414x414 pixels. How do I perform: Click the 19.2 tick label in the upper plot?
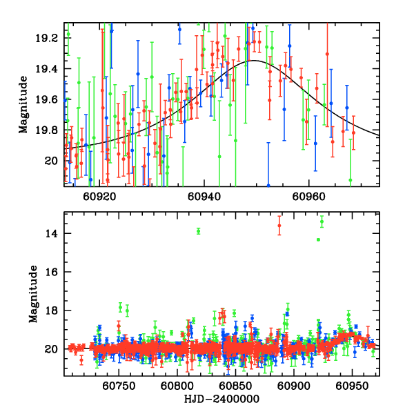[x=50, y=38]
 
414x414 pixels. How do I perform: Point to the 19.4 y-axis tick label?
[x=50, y=69]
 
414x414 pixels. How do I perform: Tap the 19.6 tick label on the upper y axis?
[x=50, y=99]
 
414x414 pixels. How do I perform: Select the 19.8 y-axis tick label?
[x=50, y=130]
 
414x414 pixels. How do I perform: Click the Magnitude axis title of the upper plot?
[x=23, y=103]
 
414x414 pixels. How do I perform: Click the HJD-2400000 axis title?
[x=221, y=399]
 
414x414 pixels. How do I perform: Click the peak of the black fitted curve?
[x=255, y=61]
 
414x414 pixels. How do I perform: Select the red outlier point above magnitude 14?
[x=279, y=226]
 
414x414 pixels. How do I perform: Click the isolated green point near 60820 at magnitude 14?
[x=199, y=231]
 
